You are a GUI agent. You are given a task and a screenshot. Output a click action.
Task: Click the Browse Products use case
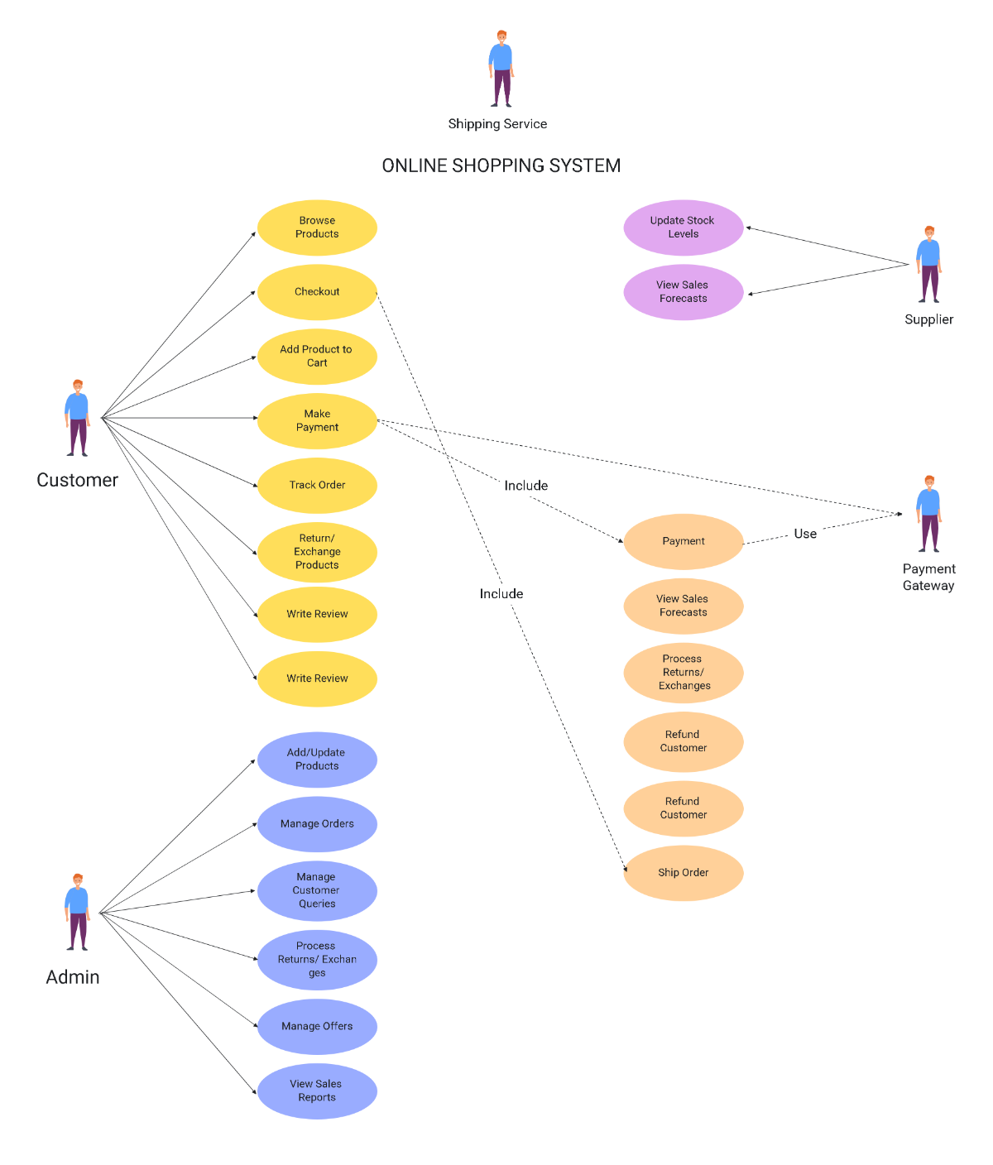click(x=317, y=228)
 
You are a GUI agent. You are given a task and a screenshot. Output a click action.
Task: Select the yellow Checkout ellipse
click(x=317, y=292)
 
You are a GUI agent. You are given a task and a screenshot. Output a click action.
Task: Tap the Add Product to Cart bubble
click(x=317, y=357)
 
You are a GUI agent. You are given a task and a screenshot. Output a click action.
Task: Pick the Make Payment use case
click(x=317, y=421)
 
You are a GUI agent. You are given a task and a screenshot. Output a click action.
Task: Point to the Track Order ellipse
click(x=317, y=486)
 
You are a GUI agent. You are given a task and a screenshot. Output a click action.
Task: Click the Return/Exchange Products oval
click(x=317, y=552)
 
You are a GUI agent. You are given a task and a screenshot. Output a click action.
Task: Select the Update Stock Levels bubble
click(x=684, y=228)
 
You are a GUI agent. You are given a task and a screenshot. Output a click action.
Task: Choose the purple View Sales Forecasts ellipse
click(x=684, y=292)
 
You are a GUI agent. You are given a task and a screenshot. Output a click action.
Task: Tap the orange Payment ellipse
click(x=684, y=542)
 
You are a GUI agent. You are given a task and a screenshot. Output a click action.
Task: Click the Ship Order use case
click(x=684, y=873)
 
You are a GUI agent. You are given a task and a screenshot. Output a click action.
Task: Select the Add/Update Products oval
click(x=317, y=760)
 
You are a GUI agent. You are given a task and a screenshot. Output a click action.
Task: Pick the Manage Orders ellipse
click(x=317, y=824)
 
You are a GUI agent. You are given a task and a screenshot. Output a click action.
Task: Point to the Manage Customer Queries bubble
click(x=317, y=891)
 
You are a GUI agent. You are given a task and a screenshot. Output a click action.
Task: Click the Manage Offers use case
click(x=317, y=1027)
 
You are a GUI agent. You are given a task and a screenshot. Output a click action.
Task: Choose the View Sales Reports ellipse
click(x=317, y=1091)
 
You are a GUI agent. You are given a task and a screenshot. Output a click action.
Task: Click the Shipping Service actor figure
click(x=501, y=70)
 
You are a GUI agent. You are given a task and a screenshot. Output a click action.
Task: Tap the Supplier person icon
click(x=929, y=265)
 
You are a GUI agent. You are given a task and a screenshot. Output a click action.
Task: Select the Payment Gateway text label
click(x=928, y=578)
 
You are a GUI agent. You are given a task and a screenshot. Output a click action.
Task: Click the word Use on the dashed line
click(x=805, y=535)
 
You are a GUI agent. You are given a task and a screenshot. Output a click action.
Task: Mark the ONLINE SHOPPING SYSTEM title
click(x=501, y=166)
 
